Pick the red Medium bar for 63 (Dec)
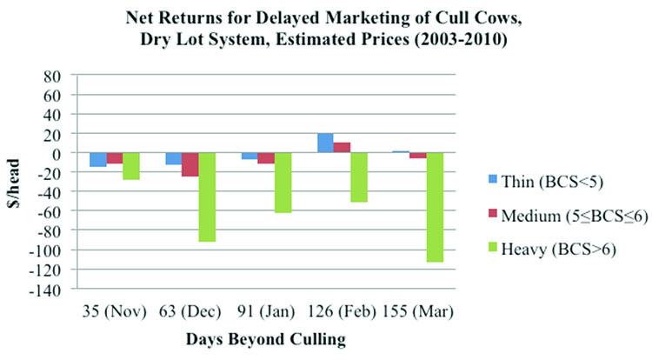[190, 164]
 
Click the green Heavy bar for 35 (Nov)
[131, 166]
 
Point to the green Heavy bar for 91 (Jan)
[283, 183]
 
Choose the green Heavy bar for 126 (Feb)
[359, 177]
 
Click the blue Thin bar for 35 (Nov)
[98, 159]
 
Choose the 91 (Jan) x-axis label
[266, 309]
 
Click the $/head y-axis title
[17, 182]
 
